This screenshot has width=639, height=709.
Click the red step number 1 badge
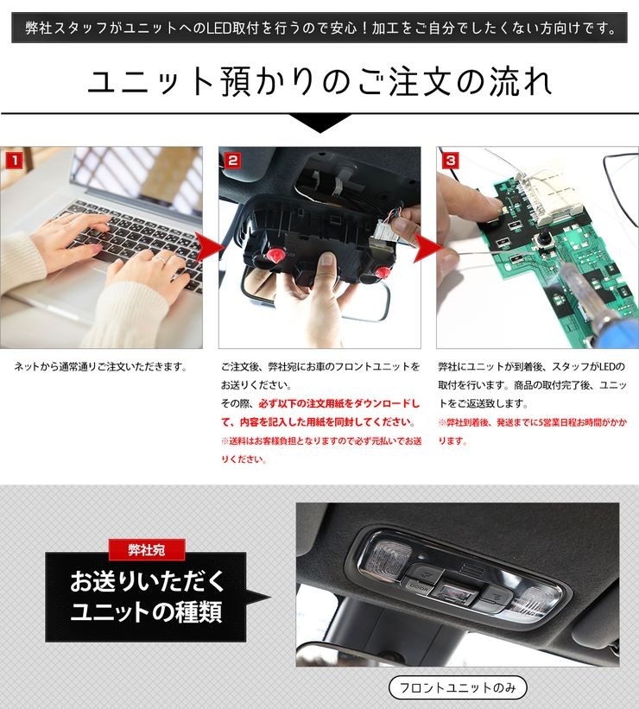pyautogui.click(x=14, y=161)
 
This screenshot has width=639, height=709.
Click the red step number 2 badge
pyautogui.click(x=232, y=161)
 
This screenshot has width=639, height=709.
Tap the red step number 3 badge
pyautogui.click(x=451, y=161)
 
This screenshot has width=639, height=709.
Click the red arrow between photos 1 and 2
pyautogui.click(x=209, y=247)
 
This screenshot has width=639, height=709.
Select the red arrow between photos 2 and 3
pyautogui.click(x=427, y=248)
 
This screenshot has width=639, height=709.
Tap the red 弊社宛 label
pyautogui.click(x=147, y=550)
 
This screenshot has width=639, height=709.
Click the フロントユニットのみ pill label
pyautogui.click(x=458, y=687)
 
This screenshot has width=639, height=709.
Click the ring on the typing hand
pyautogui.click(x=161, y=260)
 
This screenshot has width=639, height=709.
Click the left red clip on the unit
pyautogui.click(x=275, y=256)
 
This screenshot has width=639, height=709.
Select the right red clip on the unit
pyautogui.click(x=383, y=273)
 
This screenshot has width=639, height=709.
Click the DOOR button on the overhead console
pyautogui.click(x=418, y=586)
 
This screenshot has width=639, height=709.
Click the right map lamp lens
pyautogui.click(x=536, y=601)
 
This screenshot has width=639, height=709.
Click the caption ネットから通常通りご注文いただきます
pyautogui.click(x=101, y=367)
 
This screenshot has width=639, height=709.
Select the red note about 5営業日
pyautogui.click(x=532, y=432)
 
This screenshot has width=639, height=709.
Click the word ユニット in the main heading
pyautogui.click(x=150, y=82)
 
